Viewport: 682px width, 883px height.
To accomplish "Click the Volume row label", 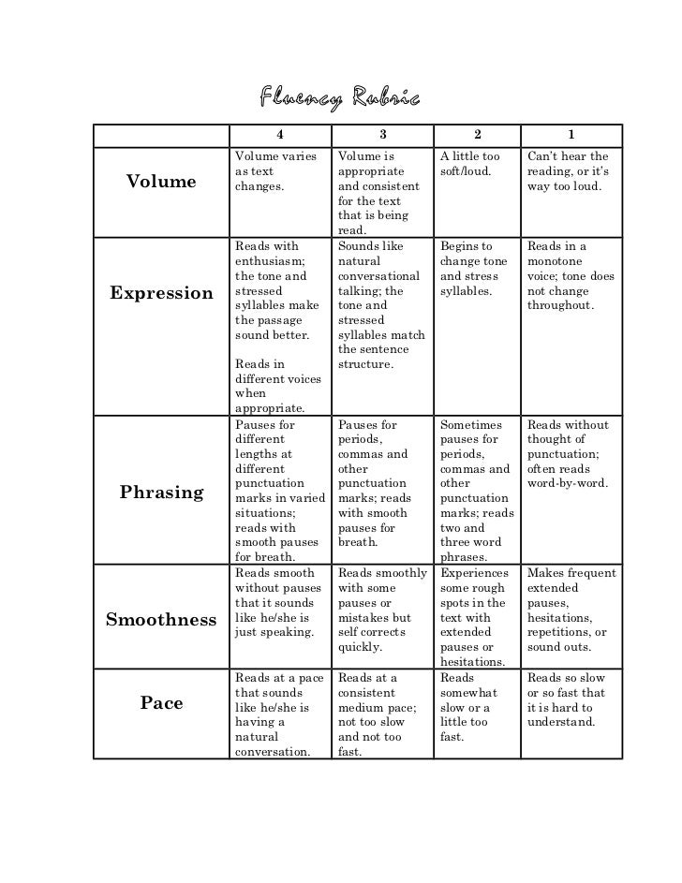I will click(x=161, y=182).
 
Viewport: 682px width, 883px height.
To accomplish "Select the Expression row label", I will click(x=161, y=293).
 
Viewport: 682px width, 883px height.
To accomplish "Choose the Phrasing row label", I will click(x=161, y=493).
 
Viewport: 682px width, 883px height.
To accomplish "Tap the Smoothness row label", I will click(x=161, y=619).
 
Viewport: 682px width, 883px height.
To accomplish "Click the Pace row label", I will click(x=161, y=702).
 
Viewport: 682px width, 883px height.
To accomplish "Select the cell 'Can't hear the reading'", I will click(x=569, y=171).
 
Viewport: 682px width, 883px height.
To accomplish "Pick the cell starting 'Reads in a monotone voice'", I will click(x=571, y=275).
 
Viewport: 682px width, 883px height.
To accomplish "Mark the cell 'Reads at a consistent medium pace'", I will click(x=379, y=714).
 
